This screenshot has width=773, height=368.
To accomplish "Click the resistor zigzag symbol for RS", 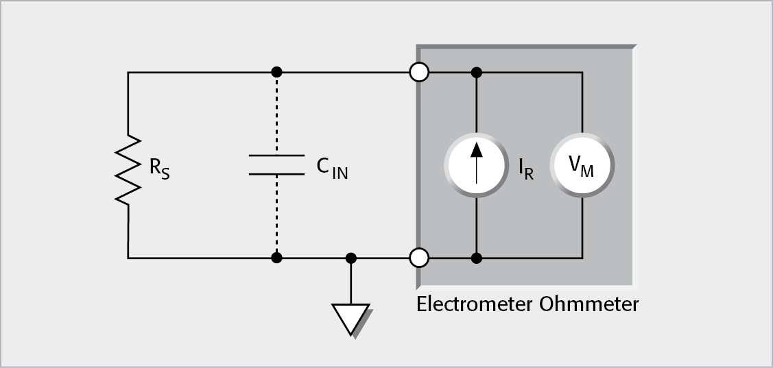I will pos(128,169).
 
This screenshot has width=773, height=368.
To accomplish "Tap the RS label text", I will pos(160,169).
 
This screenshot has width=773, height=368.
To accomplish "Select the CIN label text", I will pos(332,169).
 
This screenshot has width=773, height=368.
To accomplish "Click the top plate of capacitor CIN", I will pos(276,156).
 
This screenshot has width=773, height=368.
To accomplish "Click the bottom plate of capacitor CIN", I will pos(276,174).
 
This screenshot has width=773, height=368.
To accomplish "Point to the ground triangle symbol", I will pos(350,318).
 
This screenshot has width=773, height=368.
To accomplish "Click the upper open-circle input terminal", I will pos(418,71).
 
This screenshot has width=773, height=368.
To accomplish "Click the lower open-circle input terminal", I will pos(418,258).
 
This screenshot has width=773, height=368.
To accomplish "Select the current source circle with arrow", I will pos(476,165).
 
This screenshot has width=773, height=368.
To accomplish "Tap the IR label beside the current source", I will pos(526,169).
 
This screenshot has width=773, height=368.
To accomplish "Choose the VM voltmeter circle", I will pos(582,165).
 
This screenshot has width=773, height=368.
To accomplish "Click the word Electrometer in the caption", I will pos(473,304).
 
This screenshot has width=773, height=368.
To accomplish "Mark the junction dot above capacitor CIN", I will pos(276,71).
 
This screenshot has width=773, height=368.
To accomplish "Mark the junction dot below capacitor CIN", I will pos(276,258).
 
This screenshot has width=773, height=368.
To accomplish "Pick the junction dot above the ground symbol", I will pos(350,258).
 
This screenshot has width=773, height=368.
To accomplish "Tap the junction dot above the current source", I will pos(476,71).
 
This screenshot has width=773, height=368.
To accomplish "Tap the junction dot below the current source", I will pos(476,258).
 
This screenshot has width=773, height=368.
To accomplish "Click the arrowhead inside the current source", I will pos(476,149).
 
